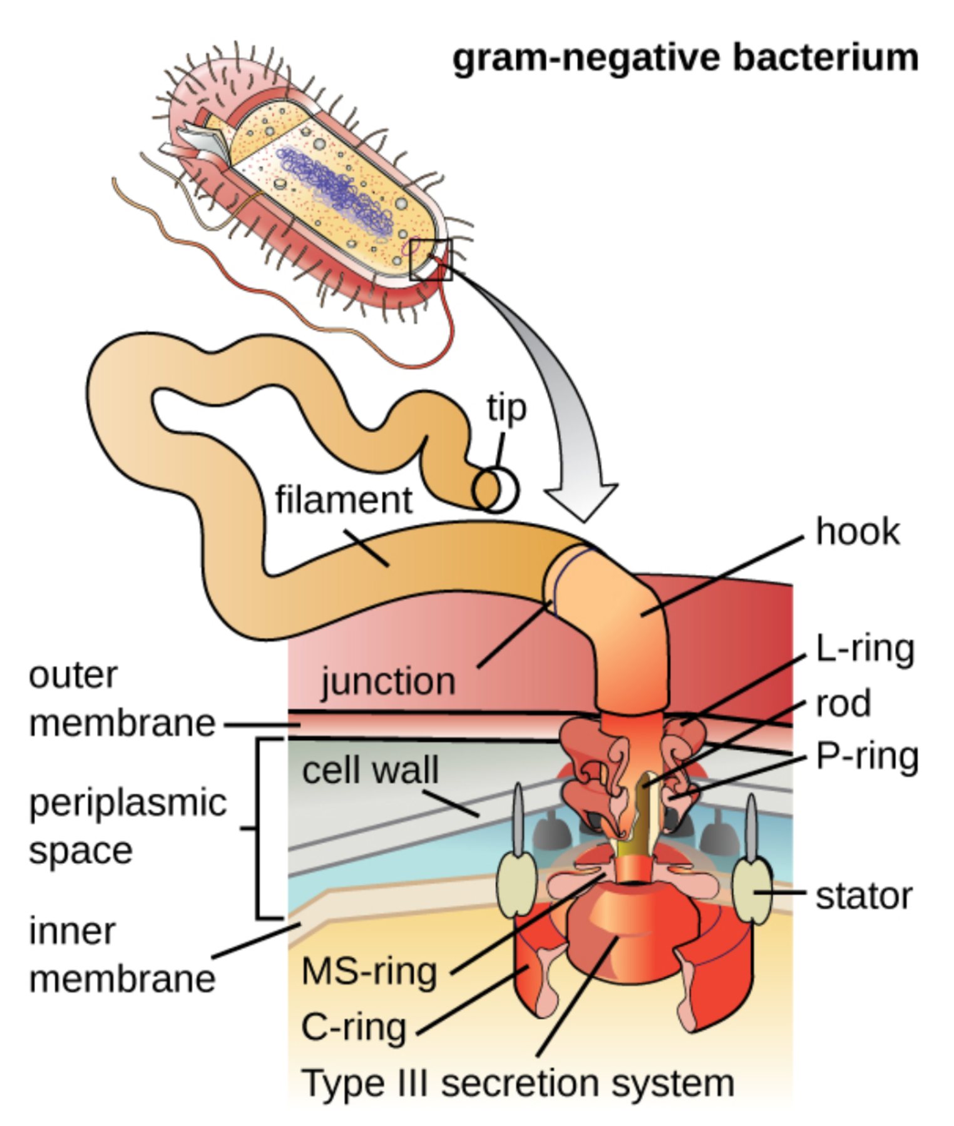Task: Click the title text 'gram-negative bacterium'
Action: coord(685,58)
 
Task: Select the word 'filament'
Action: coord(344,500)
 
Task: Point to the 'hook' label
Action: coord(857,532)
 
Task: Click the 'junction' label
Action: coord(388,682)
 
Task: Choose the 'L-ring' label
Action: coord(864,649)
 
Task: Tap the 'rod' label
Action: coord(843,704)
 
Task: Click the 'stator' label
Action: coord(864,896)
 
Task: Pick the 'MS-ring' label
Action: coord(369,971)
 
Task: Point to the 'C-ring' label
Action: coord(354,1027)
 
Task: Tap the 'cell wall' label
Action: coord(370,771)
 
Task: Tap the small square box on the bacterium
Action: coord(431,260)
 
